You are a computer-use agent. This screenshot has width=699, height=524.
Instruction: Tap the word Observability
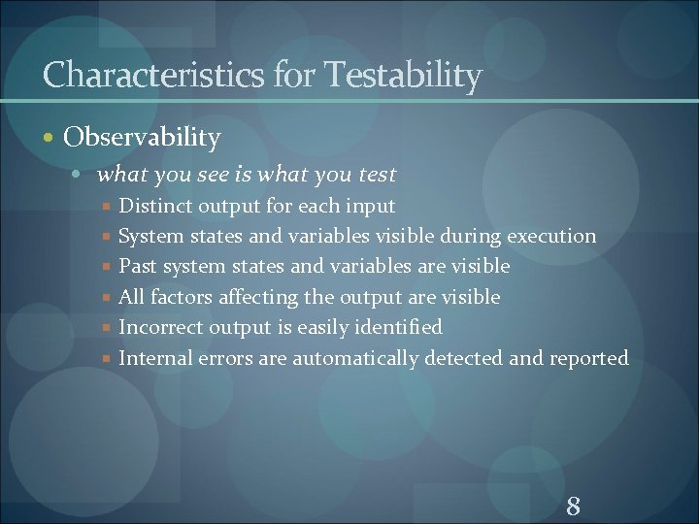point(142,138)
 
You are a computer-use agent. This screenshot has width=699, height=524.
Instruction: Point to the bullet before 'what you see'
point(84,176)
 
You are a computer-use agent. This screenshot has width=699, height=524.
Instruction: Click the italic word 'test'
point(378,175)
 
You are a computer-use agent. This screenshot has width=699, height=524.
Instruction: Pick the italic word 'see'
point(213,175)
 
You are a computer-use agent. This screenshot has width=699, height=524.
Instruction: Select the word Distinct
point(154,206)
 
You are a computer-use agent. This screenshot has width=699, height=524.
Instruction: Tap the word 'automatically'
point(354,358)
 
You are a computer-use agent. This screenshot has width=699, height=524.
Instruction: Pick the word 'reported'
point(588,358)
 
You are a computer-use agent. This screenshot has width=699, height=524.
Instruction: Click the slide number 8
point(573,505)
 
